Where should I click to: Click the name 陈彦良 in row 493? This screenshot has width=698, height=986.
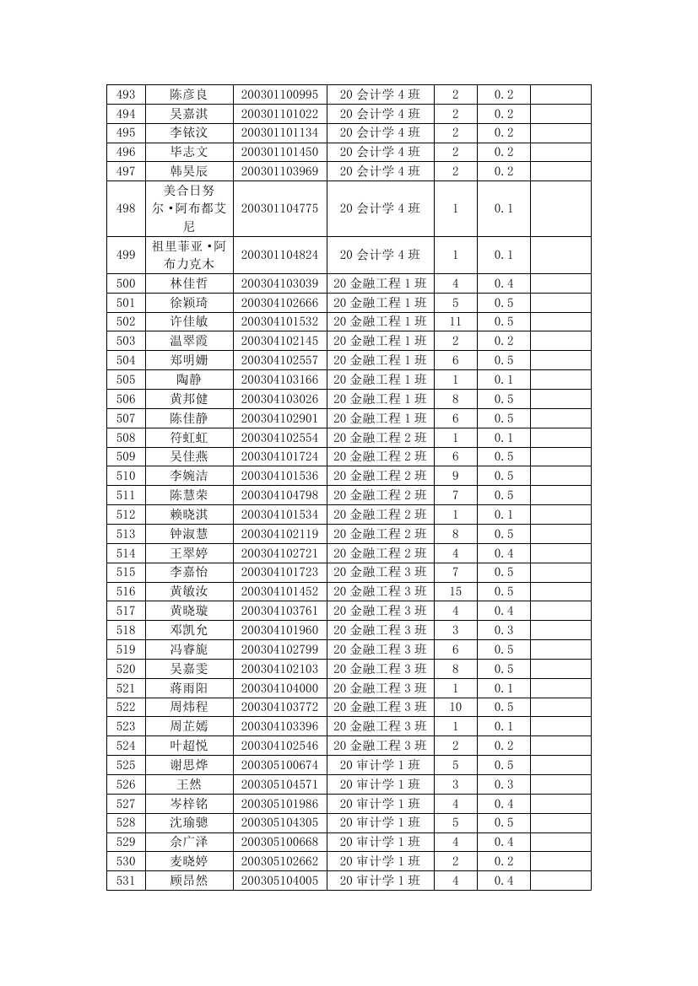pos(188,94)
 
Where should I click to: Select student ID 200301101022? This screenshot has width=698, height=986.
pos(279,114)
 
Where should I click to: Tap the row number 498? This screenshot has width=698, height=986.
pos(126,208)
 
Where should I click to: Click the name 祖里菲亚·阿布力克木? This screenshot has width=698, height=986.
pos(188,255)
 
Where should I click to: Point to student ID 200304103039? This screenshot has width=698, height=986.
pos(279,283)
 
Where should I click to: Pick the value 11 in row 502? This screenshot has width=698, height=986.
pos(455,321)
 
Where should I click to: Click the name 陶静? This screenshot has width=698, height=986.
pos(188,380)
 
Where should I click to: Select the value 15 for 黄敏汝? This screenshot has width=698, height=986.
pos(455,591)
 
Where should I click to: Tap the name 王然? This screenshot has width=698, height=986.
pos(188,784)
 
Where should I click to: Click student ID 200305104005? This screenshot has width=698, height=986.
pos(279,881)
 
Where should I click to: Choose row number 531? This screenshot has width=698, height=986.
pos(126,881)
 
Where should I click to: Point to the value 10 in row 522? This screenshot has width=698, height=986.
pos(455,707)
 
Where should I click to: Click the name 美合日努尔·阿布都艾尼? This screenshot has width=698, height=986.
pos(188,208)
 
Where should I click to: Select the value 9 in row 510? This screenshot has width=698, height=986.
pos(455,476)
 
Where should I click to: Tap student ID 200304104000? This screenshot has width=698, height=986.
pos(279,688)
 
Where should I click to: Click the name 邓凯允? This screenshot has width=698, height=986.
pos(188,630)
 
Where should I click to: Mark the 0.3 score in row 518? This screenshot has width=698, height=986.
pos(503,630)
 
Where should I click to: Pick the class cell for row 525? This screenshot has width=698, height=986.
pos(380,765)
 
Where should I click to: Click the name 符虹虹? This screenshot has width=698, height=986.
pos(188,438)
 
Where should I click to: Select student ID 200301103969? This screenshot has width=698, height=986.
pos(279,171)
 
